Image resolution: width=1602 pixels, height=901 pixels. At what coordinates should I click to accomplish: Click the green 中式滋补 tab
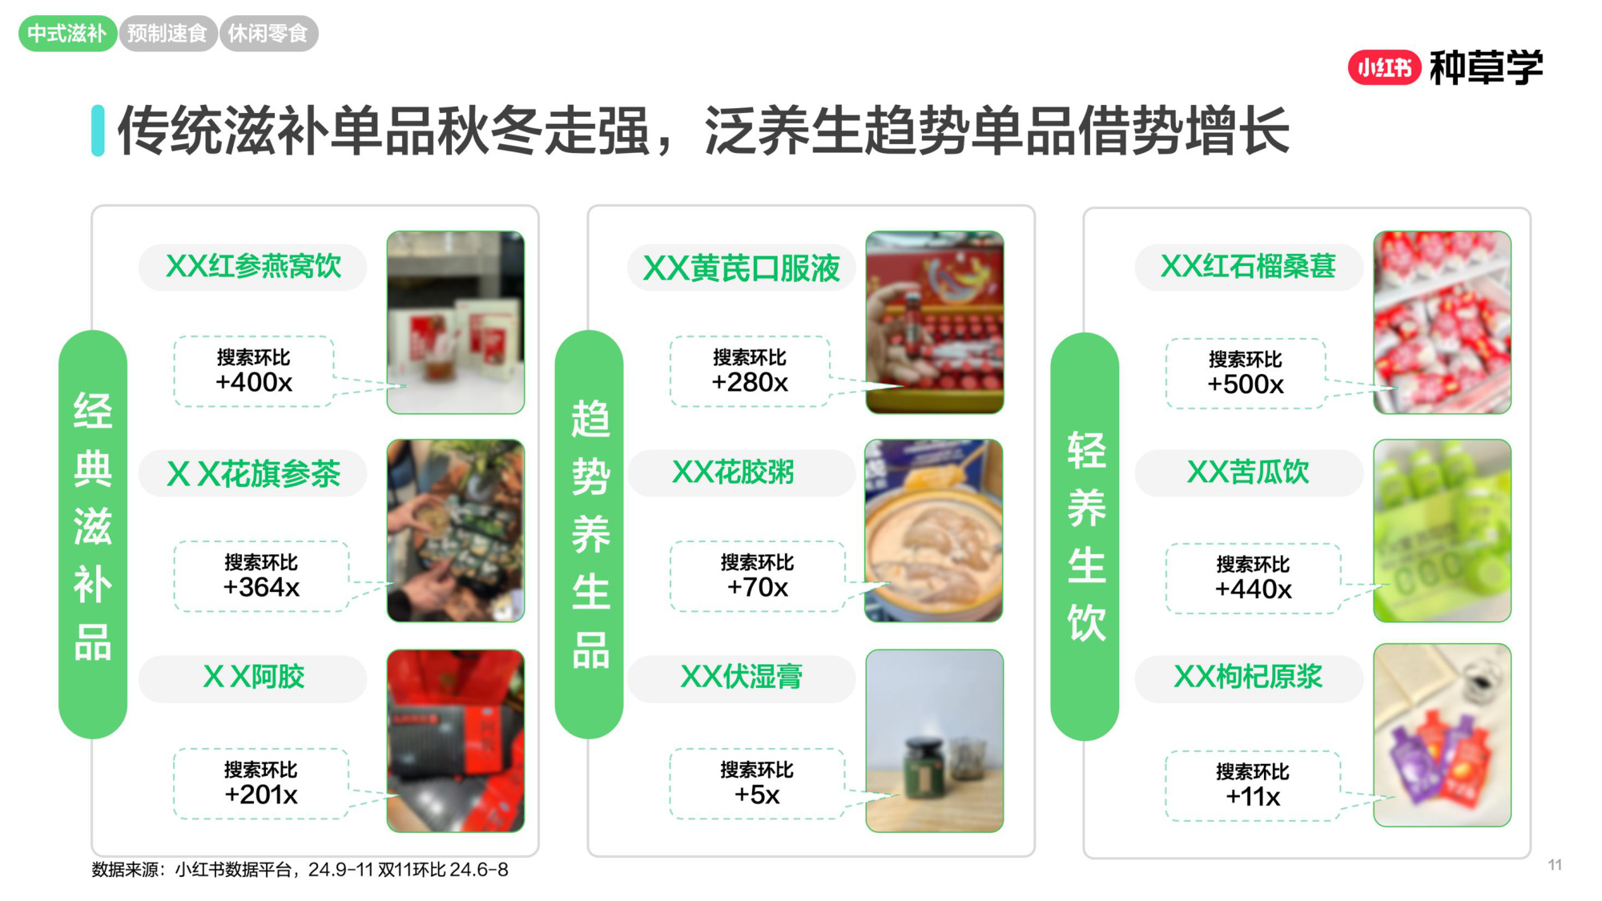click(x=67, y=34)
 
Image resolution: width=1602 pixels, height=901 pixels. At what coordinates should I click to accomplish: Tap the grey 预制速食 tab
click(x=167, y=34)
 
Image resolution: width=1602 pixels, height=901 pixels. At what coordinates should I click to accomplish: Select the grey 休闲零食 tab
click(x=268, y=34)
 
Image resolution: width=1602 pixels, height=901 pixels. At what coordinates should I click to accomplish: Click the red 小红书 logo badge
click(x=1384, y=68)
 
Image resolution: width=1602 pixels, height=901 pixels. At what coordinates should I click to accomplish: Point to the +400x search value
click(x=254, y=383)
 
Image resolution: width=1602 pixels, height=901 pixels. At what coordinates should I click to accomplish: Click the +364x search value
click(x=261, y=588)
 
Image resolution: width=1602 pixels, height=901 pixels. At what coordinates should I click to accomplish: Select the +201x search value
click(x=261, y=795)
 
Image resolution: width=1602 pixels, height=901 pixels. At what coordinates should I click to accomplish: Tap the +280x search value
click(x=750, y=383)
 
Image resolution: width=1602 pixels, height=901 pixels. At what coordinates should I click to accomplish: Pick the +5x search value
click(x=757, y=795)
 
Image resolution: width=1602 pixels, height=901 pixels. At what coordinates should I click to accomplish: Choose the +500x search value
click(x=1246, y=384)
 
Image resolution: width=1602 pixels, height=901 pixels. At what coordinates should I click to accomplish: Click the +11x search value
click(x=1253, y=797)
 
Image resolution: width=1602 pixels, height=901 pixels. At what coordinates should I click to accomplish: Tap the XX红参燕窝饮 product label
click(x=253, y=267)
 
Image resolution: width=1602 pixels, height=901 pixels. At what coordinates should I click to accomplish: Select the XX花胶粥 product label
click(x=734, y=473)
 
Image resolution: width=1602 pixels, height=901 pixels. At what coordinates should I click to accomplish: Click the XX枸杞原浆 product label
click(x=1248, y=678)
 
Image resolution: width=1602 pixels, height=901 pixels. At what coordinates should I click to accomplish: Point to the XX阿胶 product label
click(x=253, y=678)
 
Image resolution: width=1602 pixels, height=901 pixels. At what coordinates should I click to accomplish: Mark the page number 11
click(x=1555, y=865)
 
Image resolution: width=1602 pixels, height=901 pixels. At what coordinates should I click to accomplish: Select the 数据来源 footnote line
click(x=300, y=870)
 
